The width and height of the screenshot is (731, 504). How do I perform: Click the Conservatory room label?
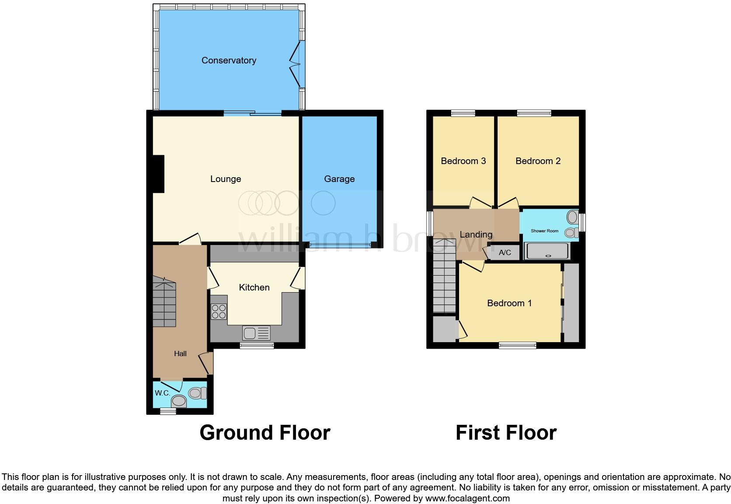229,60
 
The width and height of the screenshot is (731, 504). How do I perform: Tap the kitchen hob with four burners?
219,311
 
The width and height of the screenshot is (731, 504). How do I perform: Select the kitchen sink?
257,333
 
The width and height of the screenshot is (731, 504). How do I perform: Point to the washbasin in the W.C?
179,400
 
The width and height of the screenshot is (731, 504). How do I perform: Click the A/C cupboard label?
505,252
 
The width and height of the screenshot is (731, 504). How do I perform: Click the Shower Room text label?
544,231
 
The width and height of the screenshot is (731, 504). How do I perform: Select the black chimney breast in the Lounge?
158,174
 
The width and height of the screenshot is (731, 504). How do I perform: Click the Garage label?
339,179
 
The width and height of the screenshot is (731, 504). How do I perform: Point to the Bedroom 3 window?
463,113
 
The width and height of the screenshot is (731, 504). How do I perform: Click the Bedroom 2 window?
534,113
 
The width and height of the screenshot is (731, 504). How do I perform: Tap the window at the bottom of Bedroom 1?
518,346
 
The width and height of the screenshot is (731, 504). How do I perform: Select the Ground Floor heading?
265,433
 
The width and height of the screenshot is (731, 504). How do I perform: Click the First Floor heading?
506,433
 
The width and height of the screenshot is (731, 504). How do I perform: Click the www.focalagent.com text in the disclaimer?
467,498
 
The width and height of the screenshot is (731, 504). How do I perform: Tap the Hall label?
180,353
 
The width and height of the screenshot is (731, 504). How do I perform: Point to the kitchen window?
257,346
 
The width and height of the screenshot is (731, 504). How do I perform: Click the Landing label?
476,234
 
